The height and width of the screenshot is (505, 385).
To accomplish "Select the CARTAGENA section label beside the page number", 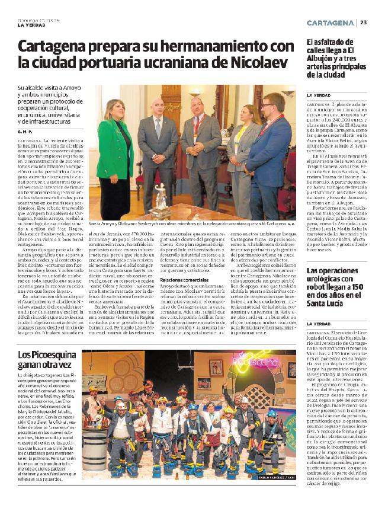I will tap(331, 23).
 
